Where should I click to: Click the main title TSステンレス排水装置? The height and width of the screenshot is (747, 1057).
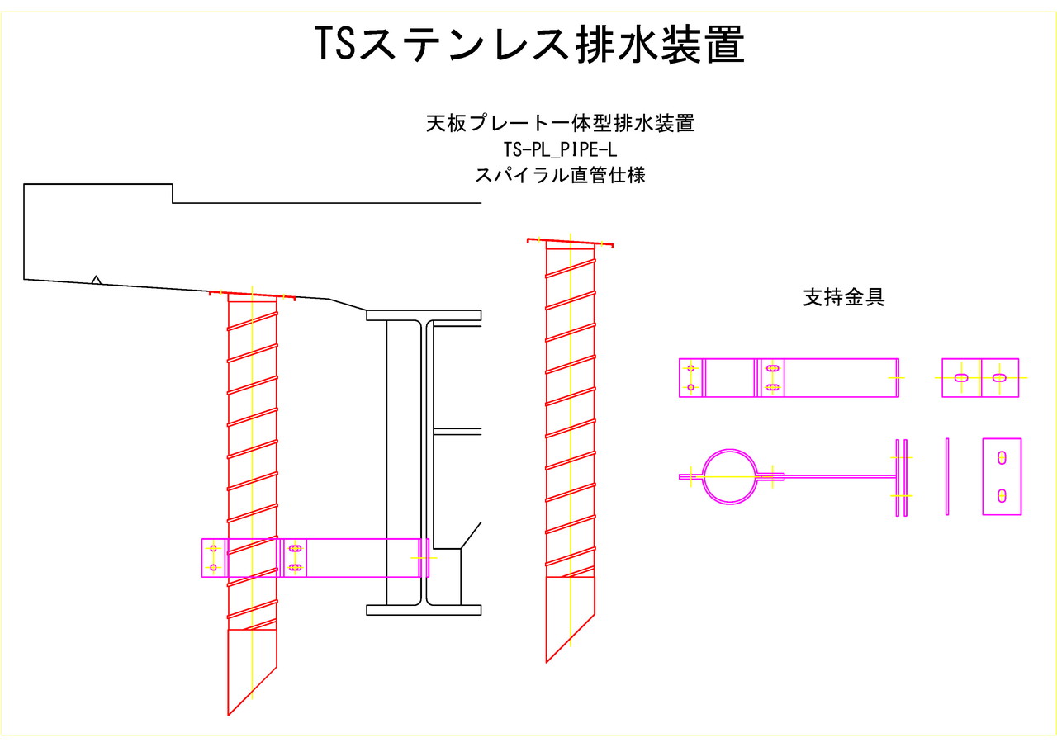click(530, 44)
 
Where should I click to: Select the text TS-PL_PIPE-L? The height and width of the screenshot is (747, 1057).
click(560, 149)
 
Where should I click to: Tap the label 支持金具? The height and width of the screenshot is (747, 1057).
click(843, 298)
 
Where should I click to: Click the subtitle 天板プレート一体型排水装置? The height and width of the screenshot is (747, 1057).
click(560, 124)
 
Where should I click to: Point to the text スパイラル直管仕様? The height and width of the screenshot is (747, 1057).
click(560, 175)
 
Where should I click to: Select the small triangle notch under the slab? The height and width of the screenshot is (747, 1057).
click(97, 281)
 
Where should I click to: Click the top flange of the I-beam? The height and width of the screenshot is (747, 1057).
click(424, 315)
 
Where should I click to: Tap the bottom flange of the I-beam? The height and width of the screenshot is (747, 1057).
click(424, 610)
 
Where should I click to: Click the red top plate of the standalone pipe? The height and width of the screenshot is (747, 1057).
click(570, 243)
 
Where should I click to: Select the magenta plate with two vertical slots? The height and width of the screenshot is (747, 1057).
click(1002, 476)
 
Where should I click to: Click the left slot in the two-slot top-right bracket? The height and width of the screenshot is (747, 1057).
click(961, 378)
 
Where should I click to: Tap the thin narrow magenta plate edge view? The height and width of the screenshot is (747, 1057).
click(947, 476)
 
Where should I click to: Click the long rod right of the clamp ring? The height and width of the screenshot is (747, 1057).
click(838, 476)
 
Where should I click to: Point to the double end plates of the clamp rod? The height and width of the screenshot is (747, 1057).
click(901, 476)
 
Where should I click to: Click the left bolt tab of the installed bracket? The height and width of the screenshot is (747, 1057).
click(213, 558)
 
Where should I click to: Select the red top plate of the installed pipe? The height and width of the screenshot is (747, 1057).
click(252, 295)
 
